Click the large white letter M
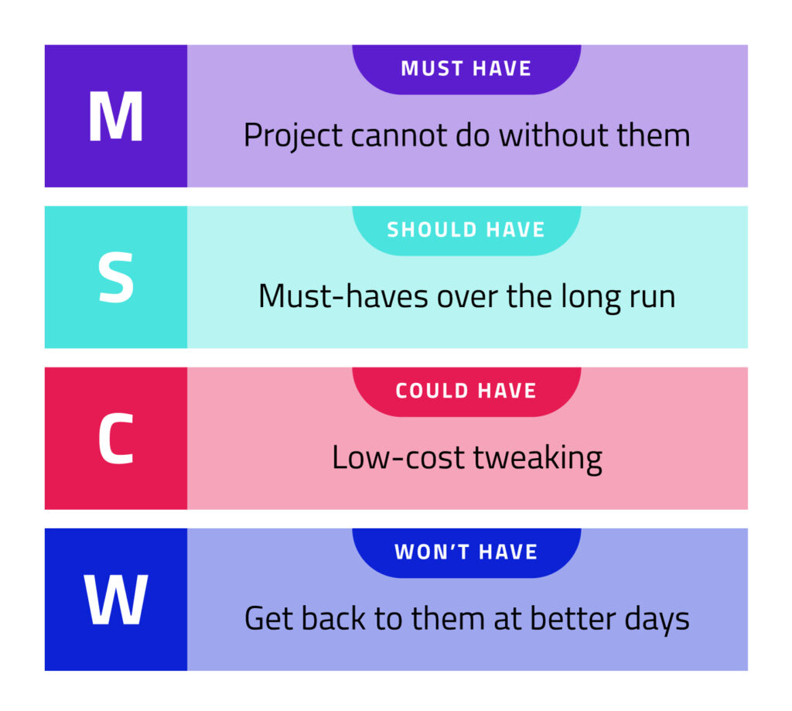[116, 117]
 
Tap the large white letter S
[116, 278]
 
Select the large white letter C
[116, 439]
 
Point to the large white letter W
[116, 600]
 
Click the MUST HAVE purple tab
[466, 69]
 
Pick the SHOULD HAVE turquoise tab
[466, 231]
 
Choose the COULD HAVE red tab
[466, 391]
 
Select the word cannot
[399, 136]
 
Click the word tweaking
[538, 460]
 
